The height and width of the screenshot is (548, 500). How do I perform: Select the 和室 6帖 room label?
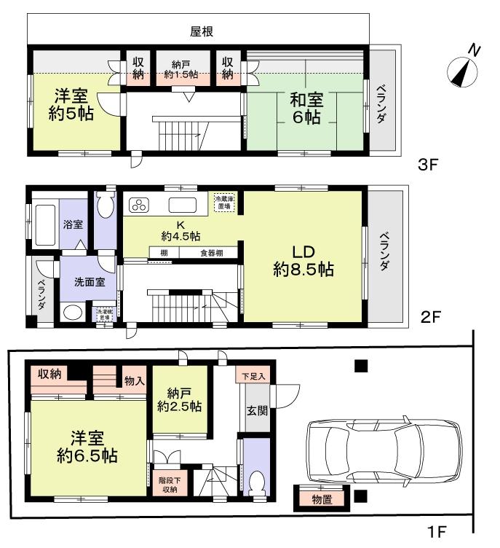pos(308,108)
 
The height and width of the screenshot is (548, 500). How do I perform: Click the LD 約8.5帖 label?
pos(303,261)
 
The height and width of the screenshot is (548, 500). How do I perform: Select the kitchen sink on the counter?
pos(183,204)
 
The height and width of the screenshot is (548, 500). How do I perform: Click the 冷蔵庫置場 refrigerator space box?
pos(225,202)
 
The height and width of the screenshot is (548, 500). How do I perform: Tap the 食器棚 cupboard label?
pos(211,253)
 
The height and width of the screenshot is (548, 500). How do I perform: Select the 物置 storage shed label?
pos(322,500)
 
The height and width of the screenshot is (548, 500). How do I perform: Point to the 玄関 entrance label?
pos(258,410)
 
